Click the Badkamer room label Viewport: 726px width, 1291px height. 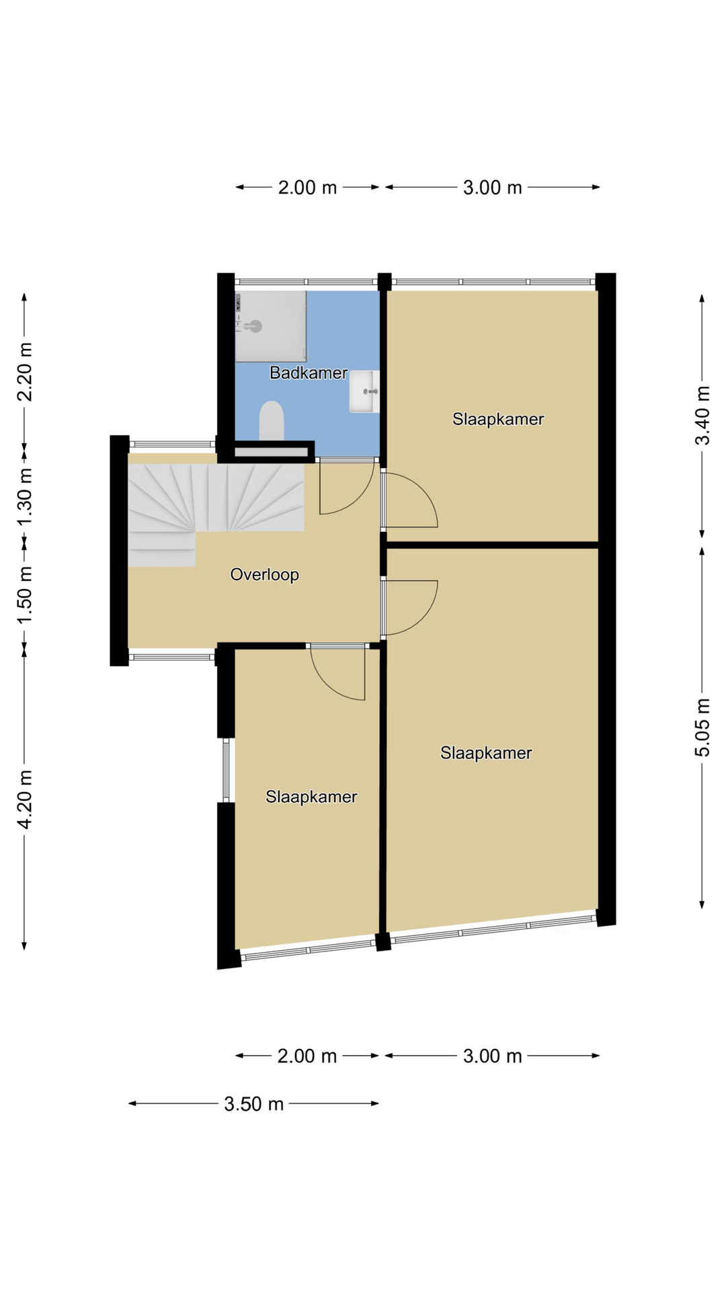(x=309, y=373)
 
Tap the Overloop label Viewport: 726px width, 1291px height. (x=264, y=574)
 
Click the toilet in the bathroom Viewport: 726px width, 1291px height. (x=272, y=421)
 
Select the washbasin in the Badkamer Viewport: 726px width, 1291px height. (x=364, y=391)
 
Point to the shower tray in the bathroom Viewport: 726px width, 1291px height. (x=271, y=326)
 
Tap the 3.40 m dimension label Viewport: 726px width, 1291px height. (x=702, y=416)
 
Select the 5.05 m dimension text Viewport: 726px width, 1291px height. (x=702, y=728)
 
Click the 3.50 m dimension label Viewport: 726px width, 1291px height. (x=253, y=1104)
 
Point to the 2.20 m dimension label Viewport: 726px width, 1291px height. (x=25, y=372)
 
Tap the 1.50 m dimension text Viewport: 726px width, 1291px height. (x=25, y=595)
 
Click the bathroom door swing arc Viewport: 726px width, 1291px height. (x=360, y=498)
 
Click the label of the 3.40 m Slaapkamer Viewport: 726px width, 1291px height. (x=498, y=419)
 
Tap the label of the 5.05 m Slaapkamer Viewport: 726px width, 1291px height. (x=486, y=753)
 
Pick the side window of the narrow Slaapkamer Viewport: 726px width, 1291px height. (x=226, y=770)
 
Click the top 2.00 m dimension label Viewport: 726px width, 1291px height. (x=307, y=188)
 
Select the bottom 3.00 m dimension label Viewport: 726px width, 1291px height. (x=493, y=1056)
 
